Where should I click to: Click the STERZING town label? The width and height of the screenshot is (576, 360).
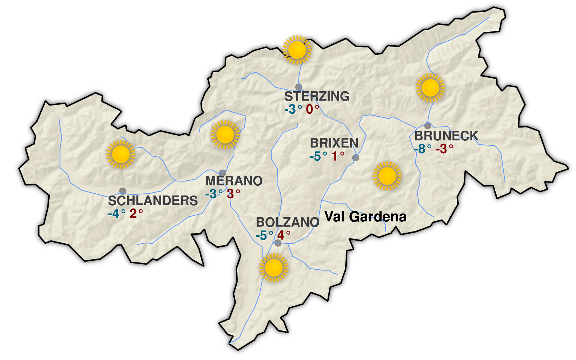[x=317, y=96]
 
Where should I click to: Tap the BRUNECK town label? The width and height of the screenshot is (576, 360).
[x=446, y=136]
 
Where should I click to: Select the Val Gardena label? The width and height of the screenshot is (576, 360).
[x=365, y=217]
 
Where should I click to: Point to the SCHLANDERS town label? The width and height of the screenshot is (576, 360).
[x=153, y=201]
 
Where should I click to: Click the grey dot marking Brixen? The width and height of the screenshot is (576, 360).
[x=356, y=157]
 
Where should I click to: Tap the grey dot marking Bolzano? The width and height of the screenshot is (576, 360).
[x=278, y=243]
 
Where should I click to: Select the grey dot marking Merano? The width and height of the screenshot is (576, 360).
[x=222, y=173]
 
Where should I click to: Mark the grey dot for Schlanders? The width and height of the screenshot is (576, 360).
[x=123, y=191]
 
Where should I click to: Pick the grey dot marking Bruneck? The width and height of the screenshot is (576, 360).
[x=428, y=126]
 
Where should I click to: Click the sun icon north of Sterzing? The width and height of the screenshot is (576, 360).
[x=297, y=50]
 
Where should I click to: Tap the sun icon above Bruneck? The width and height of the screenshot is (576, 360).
[x=430, y=87]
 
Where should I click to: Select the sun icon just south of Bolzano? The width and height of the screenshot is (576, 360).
[x=274, y=267]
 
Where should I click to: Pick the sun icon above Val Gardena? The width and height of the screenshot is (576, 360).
[x=387, y=176]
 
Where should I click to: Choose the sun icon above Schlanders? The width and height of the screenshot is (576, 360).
[x=121, y=154]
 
